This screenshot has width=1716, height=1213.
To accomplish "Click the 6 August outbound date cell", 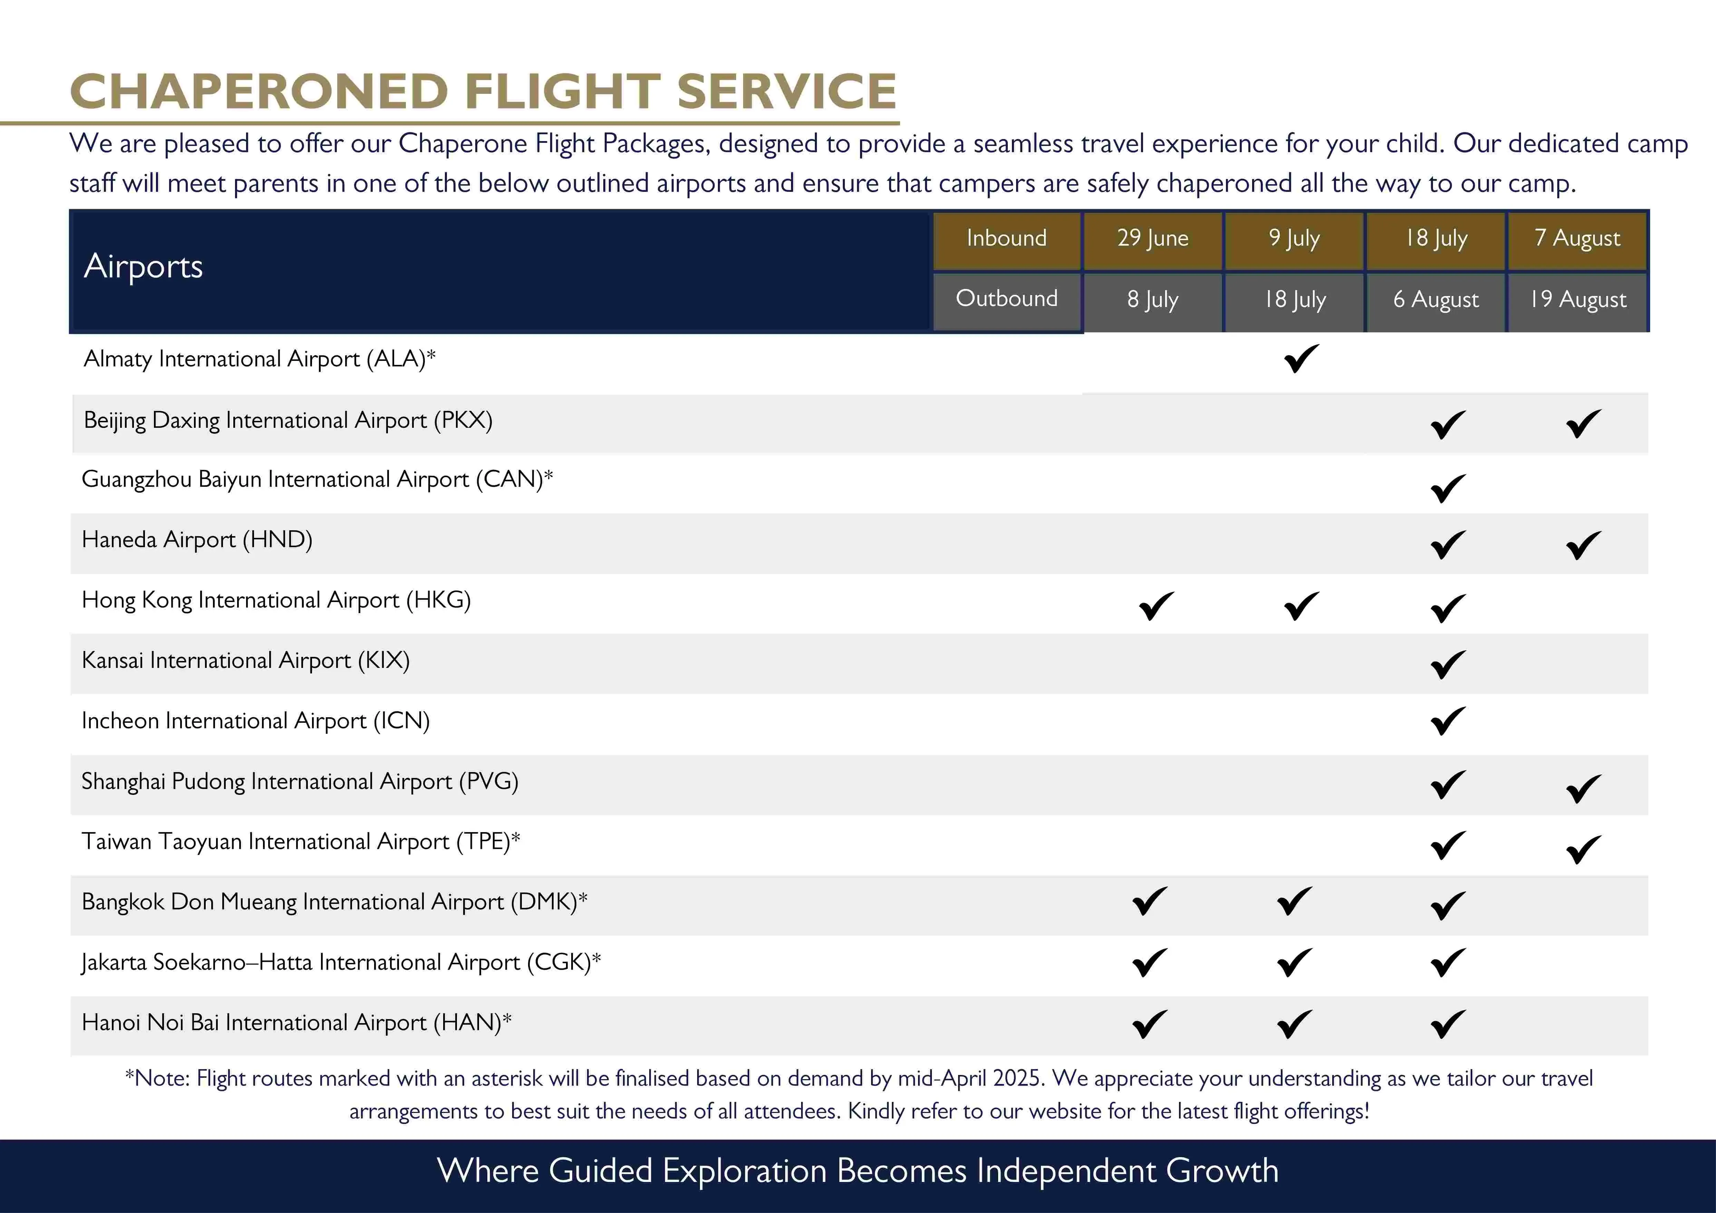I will coord(1436,299).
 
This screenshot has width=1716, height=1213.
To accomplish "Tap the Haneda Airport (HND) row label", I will coord(197,539).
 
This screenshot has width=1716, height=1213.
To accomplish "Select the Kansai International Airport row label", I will coord(245,660).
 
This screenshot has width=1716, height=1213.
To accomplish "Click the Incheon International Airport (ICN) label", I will coord(255,721).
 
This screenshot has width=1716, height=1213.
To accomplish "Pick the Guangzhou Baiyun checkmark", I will coord(1448,488).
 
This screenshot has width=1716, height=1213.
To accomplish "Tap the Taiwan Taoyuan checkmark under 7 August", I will coord(1583,848).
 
